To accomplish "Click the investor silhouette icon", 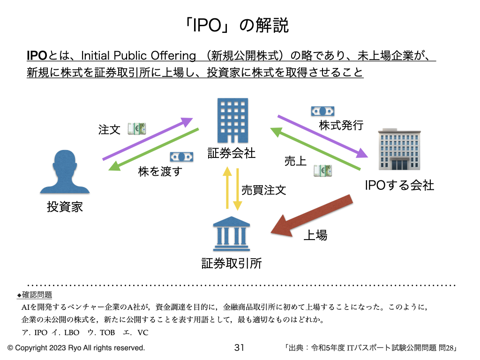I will [x=64, y=172].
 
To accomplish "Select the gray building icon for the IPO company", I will [x=399, y=150].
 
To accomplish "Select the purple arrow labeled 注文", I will [x=148, y=139].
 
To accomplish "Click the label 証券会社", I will [x=232, y=153].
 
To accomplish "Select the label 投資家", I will [x=65, y=206].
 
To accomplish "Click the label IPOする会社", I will [x=399, y=186].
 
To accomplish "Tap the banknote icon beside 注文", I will [x=137, y=128].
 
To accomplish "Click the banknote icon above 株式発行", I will [x=322, y=111].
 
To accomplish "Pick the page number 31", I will [x=239, y=348].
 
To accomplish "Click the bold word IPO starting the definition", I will [x=37, y=56].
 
